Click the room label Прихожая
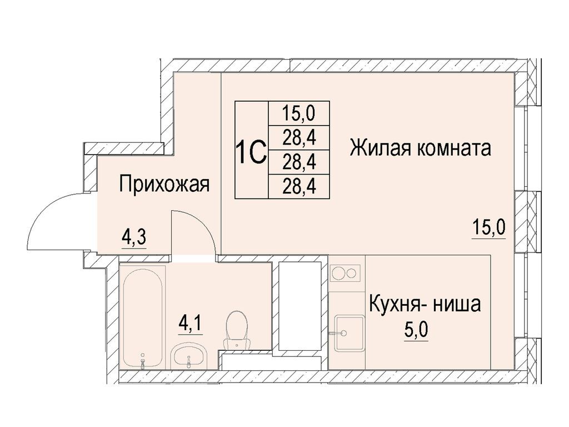pyautogui.click(x=164, y=184)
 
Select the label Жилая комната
pyautogui.click(x=420, y=148)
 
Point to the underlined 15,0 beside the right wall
pyautogui.click(x=488, y=229)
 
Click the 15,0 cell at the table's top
pyautogui.click(x=299, y=113)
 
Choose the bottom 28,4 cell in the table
pyautogui.click(x=299, y=187)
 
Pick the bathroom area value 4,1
pyautogui.click(x=191, y=323)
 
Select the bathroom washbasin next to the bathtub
pyautogui.click(x=189, y=356)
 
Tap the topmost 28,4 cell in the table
pyautogui.click(x=299, y=137)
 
